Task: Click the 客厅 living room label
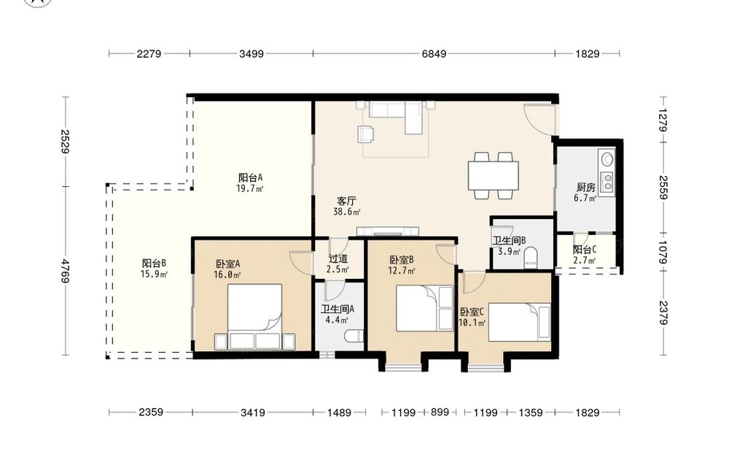pyautogui.click(x=346, y=201)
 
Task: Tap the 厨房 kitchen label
pyautogui.click(x=586, y=187)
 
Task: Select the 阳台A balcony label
pyautogui.click(x=251, y=177)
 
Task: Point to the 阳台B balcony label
pyautogui.click(x=155, y=264)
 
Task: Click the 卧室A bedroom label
pyautogui.click(x=227, y=264)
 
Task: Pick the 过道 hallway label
pyautogui.click(x=338, y=259)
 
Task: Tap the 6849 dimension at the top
pyautogui.click(x=434, y=54)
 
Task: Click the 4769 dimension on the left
pyautogui.click(x=66, y=271)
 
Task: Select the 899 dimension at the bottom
pyautogui.click(x=440, y=412)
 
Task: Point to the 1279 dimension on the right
pyautogui.click(x=663, y=120)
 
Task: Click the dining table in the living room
pyautogui.click(x=494, y=175)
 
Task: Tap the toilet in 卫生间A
pyautogui.click(x=355, y=336)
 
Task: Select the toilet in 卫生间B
pyautogui.click(x=531, y=258)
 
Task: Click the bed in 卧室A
pyautogui.click(x=254, y=317)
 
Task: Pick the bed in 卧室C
pyautogui.click(x=519, y=322)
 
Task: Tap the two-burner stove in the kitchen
pyautogui.click(x=607, y=182)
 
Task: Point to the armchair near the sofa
pyautogui.click(x=366, y=134)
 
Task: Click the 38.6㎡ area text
pyautogui.click(x=347, y=212)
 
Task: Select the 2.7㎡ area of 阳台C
pyautogui.click(x=585, y=260)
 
